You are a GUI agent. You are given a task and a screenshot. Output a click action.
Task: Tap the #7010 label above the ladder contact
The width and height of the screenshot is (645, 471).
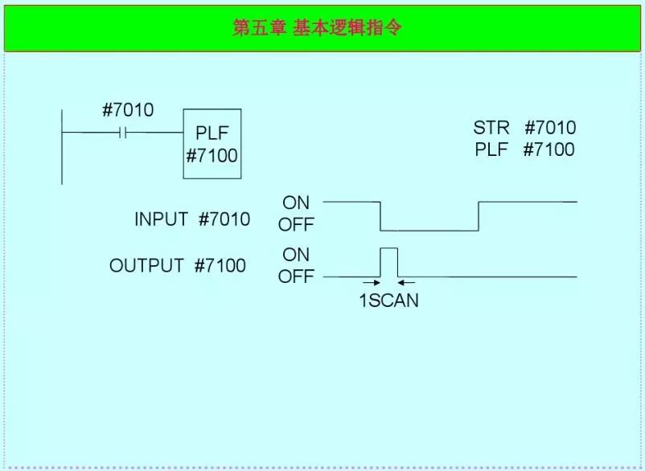coord(127,110)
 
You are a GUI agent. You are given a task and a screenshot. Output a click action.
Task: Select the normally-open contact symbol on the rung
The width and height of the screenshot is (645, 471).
coord(123,132)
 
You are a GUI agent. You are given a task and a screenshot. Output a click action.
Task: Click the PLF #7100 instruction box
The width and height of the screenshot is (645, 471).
coord(212,144)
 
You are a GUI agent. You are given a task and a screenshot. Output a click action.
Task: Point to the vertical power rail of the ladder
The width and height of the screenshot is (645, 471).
coord(62,145)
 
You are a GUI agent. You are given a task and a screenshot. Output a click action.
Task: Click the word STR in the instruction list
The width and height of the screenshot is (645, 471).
coord(491,128)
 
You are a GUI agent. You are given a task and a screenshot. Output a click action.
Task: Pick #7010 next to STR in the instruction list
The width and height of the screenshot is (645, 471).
coord(550,128)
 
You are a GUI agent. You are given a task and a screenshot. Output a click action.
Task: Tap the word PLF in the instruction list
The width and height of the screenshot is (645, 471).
coord(491,149)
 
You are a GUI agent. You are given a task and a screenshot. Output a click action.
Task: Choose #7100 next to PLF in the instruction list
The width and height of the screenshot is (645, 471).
coord(549,149)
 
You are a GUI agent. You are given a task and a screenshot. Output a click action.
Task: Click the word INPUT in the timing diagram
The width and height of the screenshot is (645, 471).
coord(161,219)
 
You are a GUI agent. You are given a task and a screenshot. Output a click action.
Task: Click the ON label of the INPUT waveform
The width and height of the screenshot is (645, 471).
coord(296,203)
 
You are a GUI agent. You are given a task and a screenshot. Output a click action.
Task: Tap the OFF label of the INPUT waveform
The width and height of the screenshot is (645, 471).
coord(296,225)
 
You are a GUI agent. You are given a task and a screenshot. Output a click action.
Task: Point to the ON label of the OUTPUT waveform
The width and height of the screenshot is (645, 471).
coord(296,255)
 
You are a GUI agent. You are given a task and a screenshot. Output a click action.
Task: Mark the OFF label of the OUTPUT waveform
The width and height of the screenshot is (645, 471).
coord(296,277)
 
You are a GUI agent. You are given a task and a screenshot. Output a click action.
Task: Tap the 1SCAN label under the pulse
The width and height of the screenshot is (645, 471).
coord(388,301)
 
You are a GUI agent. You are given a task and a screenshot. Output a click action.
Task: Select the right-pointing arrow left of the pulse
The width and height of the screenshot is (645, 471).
coord(371,283)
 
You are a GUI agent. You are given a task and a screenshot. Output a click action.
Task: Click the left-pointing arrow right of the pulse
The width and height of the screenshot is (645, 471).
coord(406,283)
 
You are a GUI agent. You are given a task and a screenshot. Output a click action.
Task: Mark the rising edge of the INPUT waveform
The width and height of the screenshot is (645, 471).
coord(479,215)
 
